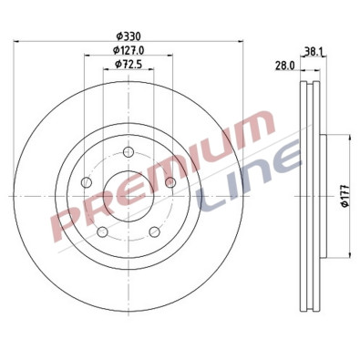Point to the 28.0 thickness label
tap(285, 66)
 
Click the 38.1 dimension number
tap(314, 52)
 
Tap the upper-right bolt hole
tap(170, 183)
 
